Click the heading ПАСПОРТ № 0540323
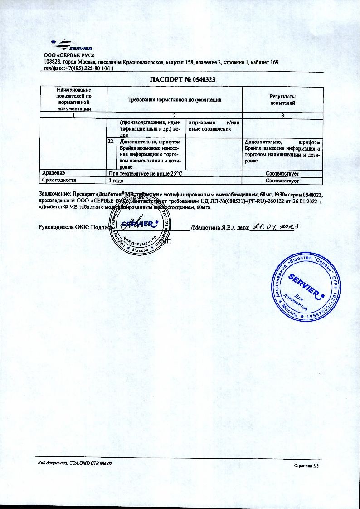[x=182, y=79]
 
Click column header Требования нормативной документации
[x=175, y=99]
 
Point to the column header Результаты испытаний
[x=282, y=100]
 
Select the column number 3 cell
[x=282, y=115]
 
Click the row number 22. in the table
[x=110, y=142]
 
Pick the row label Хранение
[x=54, y=173]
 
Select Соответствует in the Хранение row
[x=282, y=173]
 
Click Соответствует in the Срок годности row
[x=282, y=181]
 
